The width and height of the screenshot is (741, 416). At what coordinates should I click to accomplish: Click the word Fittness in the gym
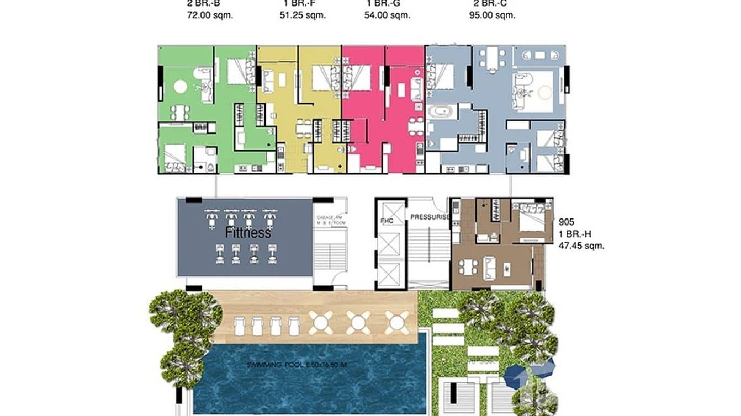[x=248, y=233]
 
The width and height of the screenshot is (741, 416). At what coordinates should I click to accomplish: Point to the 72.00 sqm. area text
[x=210, y=15]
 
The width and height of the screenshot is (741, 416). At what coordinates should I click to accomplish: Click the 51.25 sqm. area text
[x=302, y=15]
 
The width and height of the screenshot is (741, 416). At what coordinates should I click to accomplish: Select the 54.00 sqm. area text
[x=389, y=15]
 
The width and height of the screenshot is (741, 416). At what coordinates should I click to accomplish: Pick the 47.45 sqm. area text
[x=581, y=246]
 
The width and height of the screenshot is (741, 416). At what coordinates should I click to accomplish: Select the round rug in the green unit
[x=180, y=87]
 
